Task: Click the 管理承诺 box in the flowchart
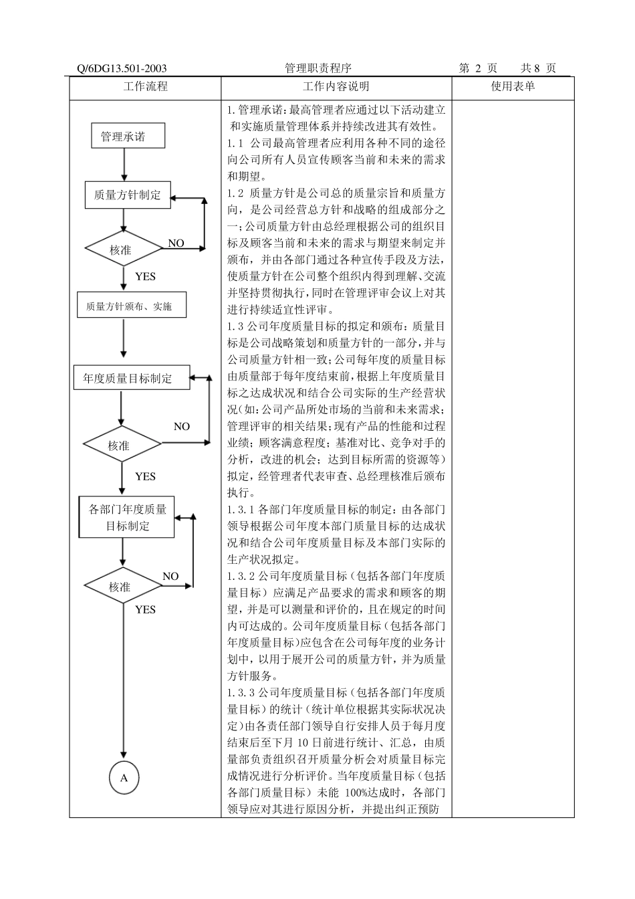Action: point(122,136)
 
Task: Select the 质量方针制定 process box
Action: point(127,195)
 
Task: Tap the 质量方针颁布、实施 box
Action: point(131,306)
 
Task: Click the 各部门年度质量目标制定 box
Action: point(127,517)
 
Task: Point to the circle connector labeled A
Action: point(124,778)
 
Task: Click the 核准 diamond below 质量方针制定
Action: point(122,249)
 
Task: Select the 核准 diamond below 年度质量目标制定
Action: point(121,445)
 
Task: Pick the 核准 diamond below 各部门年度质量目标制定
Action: point(122,587)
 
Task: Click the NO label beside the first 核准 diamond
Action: point(176,243)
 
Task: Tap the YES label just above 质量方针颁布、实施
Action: point(145,276)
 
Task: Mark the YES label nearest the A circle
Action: point(145,609)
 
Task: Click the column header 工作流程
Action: point(145,86)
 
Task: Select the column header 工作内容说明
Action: point(336,86)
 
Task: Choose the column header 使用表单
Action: point(513,86)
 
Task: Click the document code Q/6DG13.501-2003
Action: point(122,68)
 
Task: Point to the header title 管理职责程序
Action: point(318,68)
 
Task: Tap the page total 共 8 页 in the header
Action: point(538,68)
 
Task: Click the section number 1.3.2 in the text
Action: point(241,576)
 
